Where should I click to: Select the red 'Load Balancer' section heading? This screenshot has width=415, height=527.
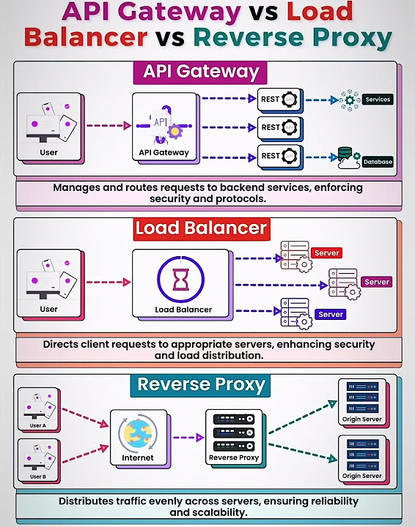(x=201, y=228)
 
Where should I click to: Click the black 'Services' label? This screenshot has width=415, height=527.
(x=377, y=100)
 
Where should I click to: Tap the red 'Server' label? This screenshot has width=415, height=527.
(x=326, y=253)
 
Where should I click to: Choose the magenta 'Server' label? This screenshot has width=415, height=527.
(x=377, y=282)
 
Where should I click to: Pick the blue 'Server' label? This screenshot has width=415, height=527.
(x=331, y=315)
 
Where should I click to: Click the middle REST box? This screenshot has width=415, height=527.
(x=279, y=127)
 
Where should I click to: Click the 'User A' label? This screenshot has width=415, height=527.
(x=37, y=425)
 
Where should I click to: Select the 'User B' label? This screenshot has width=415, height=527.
(x=37, y=476)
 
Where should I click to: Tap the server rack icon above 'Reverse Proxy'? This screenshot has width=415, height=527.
(x=234, y=432)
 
